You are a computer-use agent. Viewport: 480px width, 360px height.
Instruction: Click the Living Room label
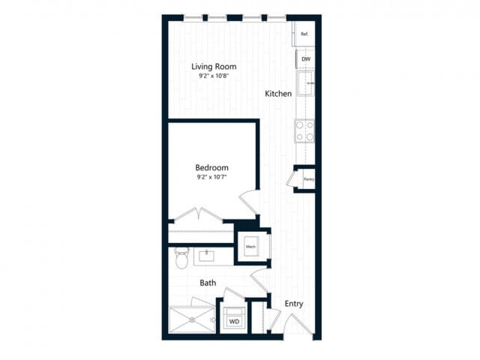coord(214,66)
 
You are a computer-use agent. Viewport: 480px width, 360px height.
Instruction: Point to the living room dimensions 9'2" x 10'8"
coord(214,76)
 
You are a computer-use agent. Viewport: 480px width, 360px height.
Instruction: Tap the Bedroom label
coord(211,167)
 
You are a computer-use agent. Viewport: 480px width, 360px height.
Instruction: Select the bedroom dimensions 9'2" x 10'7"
coord(211,178)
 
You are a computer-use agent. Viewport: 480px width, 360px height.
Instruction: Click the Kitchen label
coord(277,94)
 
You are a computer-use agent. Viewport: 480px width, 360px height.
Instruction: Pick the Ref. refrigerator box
coord(304,34)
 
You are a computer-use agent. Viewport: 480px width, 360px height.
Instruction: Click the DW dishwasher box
coord(305,58)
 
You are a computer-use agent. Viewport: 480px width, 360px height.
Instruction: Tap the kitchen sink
coord(304,84)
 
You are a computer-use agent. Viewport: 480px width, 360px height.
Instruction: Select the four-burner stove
coord(304,131)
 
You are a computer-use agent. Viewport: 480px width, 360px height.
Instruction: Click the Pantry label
coord(308,179)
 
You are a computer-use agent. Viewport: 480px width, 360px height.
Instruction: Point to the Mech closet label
coord(250,246)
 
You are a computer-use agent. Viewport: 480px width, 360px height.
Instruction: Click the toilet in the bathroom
coord(181,259)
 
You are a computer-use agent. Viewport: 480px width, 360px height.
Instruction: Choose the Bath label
coord(208,283)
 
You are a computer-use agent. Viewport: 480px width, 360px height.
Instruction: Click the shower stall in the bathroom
coord(192,320)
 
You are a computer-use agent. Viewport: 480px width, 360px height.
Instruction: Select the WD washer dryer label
coord(233,321)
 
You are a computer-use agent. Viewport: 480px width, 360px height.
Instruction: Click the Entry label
coord(294,304)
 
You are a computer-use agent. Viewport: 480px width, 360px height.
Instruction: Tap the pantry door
coord(291,180)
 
